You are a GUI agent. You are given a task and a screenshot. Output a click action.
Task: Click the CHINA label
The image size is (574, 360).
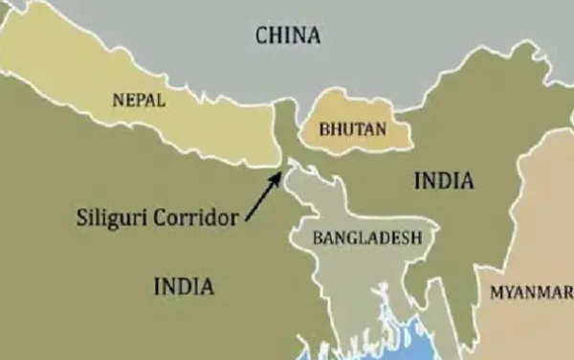pos(288,36)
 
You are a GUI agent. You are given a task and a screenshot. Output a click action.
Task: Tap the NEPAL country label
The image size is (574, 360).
pos(139,100)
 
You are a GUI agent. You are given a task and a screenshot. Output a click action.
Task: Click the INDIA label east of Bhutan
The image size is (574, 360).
pos(444,181)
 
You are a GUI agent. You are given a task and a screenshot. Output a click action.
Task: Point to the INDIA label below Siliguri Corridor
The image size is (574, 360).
pos(185,285)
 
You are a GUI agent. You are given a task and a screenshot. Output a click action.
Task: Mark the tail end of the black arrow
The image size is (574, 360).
pos(248,220)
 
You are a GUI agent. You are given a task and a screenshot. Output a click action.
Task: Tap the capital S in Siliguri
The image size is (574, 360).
pos(81,217)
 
